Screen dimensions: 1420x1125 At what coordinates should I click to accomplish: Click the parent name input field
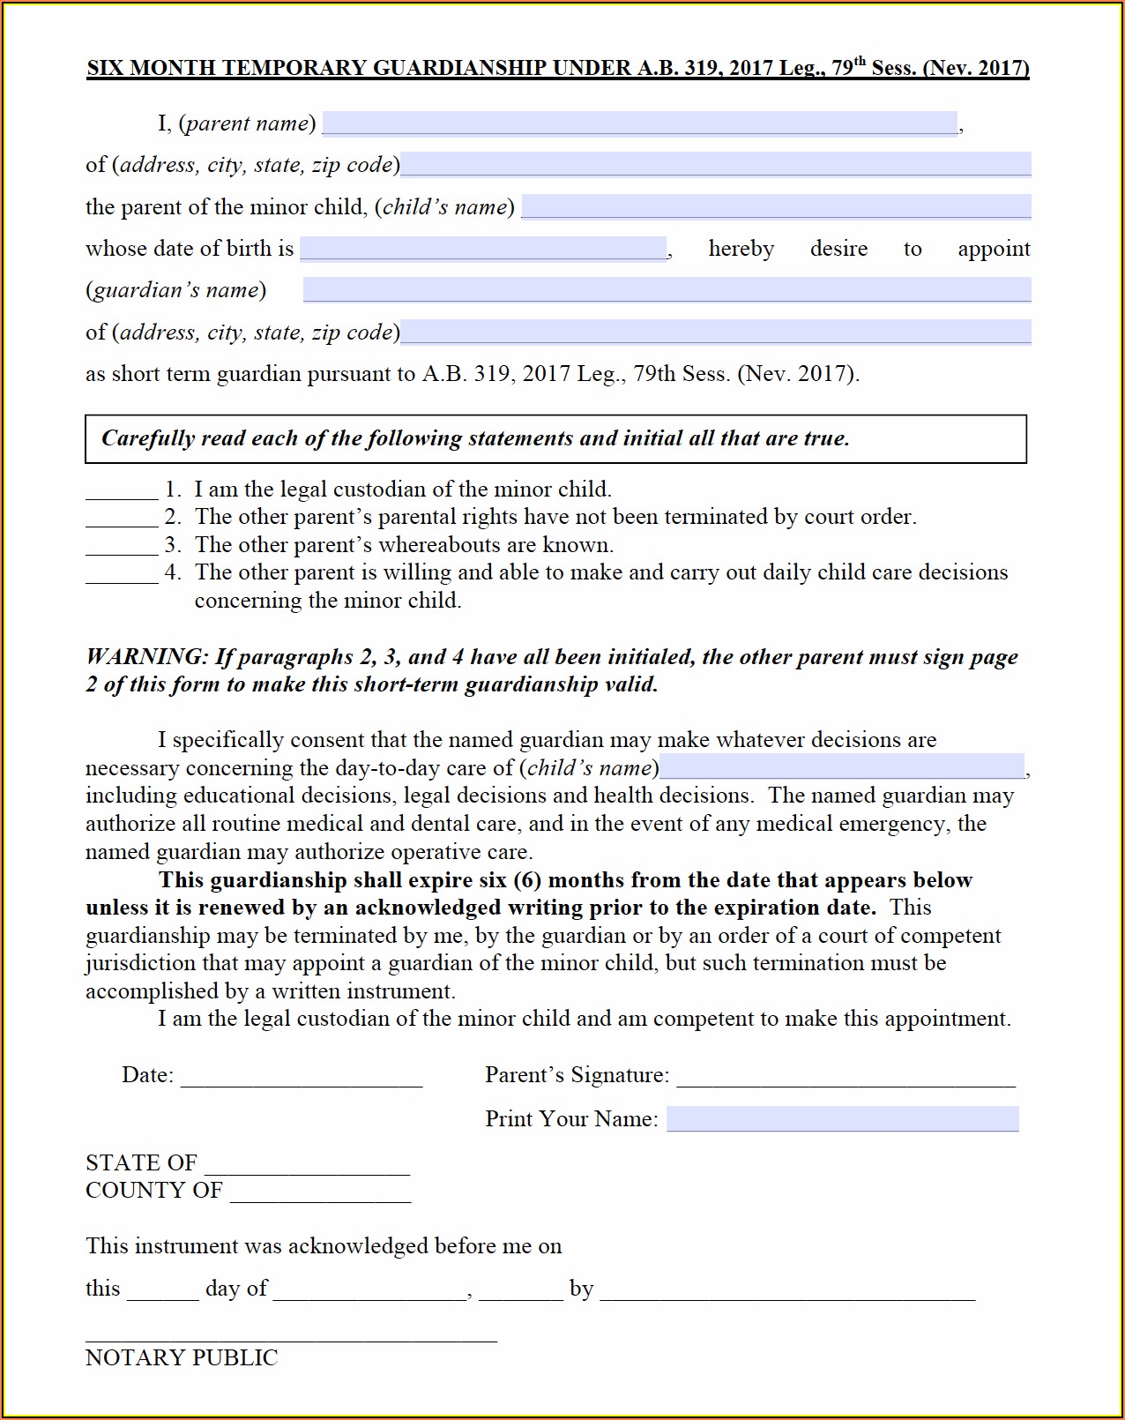(640, 123)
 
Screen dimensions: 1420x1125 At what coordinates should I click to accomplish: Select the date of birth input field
(483, 249)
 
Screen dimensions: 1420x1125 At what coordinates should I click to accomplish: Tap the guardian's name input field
(667, 290)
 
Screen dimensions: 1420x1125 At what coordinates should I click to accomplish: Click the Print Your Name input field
(842, 1119)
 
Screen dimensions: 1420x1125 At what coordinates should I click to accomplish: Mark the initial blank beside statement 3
(122, 548)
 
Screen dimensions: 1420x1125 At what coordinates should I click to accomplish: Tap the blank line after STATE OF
(307, 1167)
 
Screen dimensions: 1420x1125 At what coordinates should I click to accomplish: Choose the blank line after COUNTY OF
(320, 1194)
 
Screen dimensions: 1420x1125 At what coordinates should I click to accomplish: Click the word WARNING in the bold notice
(146, 657)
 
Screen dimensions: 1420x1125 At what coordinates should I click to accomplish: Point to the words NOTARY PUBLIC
(182, 1357)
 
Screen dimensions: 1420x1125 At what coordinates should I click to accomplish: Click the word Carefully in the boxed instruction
(147, 438)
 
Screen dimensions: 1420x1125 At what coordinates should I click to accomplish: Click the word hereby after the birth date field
(741, 250)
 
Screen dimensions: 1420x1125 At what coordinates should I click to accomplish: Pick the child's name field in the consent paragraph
(842, 767)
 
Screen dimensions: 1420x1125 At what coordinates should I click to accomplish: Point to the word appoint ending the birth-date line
(994, 250)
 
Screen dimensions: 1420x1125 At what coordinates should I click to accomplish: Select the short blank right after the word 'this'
(163, 1292)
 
